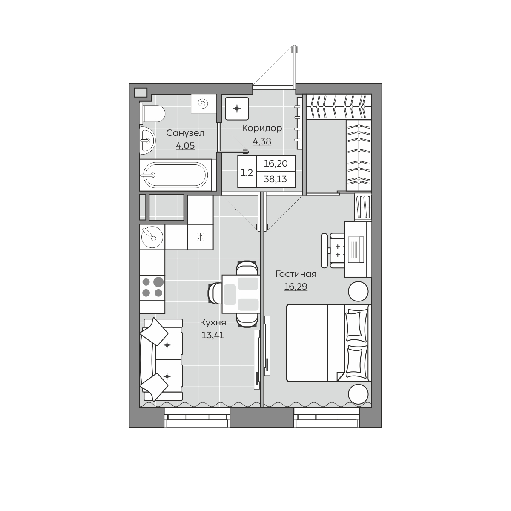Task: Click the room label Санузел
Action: click(x=185, y=133)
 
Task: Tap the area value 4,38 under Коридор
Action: click(x=262, y=141)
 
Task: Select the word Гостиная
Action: click(x=296, y=274)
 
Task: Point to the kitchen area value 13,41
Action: click(x=212, y=335)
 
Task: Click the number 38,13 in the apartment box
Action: click(x=275, y=179)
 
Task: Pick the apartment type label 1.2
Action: click(x=247, y=173)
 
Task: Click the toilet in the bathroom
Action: click(x=152, y=114)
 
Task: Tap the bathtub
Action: click(x=175, y=175)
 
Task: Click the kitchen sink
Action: click(x=152, y=237)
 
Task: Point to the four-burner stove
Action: click(x=152, y=288)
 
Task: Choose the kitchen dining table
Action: click(x=241, y=294)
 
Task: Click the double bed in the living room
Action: click(x=329, y=343)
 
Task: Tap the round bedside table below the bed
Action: click(x=358, y=394)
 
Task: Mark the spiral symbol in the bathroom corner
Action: click(x=204, y=103)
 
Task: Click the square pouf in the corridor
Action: click(x=237, y=109)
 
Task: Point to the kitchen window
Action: click(x=196, y=417)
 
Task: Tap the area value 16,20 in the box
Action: click(x=276, y=164)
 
